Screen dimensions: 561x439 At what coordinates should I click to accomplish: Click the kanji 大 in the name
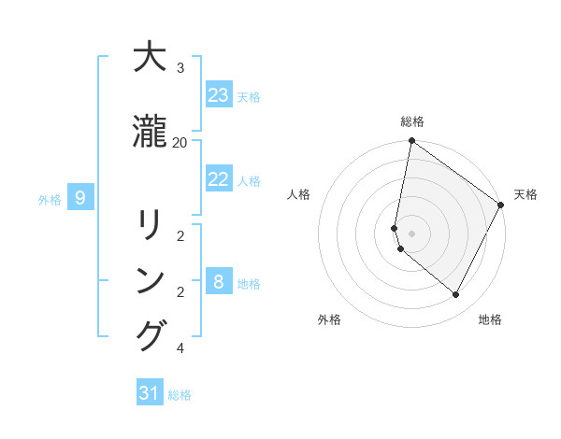pos(150,58)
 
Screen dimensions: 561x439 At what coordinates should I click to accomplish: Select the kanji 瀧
pos(150,133)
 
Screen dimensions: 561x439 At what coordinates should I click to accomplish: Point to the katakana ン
pos(150,280)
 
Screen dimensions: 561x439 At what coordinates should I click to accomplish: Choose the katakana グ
pos(150,335)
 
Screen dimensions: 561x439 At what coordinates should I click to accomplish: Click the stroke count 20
pos(180,142)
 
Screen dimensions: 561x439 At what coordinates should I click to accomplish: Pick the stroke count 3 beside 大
pos(180,68)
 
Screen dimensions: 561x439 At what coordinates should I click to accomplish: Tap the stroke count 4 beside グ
pos(180,348)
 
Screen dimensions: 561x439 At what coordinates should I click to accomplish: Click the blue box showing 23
pos(219,95)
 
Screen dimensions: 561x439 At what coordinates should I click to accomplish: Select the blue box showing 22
pos(219,179)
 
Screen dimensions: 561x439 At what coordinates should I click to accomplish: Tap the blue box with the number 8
pos(219,281)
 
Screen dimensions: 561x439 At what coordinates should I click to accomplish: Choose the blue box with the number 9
pos(80,197)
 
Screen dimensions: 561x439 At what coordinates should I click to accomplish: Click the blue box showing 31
pos(150,393)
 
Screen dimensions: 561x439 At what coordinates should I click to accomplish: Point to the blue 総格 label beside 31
pos(180,395)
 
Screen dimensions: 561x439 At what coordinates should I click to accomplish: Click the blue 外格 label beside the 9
pos(50,199)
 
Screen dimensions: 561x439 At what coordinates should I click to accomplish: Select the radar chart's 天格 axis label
pos(525,194)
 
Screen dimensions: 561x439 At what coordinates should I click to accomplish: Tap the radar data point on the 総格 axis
pos(411,141)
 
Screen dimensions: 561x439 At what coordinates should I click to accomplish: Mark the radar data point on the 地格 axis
pos(456,295)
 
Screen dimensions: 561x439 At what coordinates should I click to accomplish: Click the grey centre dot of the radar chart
pos(411,233)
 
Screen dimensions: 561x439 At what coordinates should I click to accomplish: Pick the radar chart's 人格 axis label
pos(299,194)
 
